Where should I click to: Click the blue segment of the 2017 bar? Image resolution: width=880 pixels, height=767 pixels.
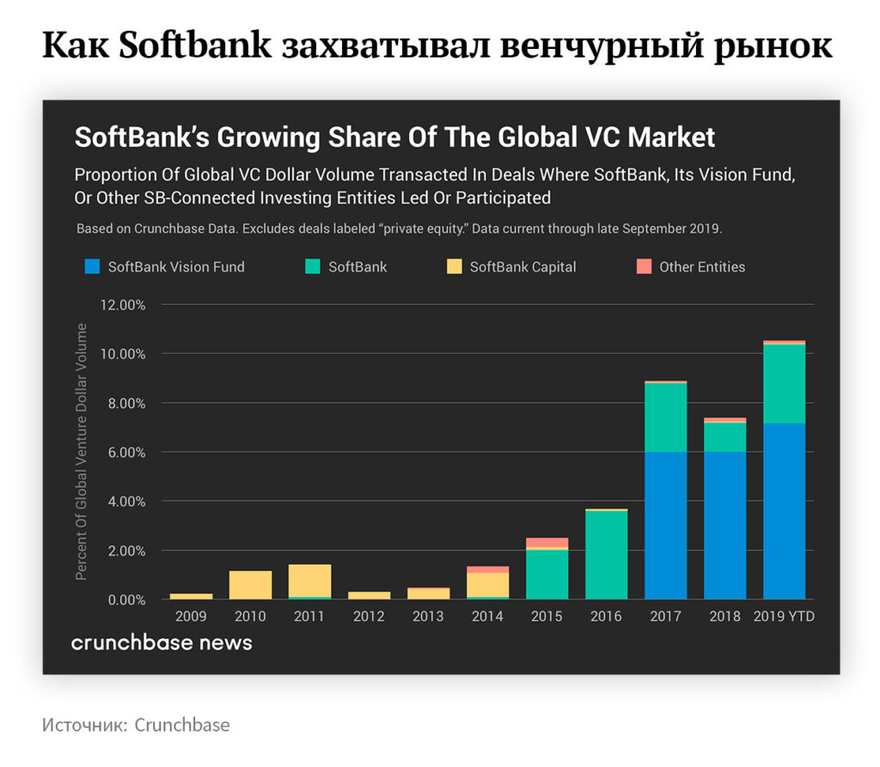click(665, 525)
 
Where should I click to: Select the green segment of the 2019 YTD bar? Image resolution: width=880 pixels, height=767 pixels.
click(784, 383)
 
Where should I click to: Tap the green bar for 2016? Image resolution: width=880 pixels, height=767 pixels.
click(606, 554)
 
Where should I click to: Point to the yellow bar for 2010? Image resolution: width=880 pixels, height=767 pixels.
click(250, 585)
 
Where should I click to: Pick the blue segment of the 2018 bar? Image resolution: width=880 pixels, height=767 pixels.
click(724, 525)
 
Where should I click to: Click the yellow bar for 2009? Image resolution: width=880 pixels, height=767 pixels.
click(191, 596)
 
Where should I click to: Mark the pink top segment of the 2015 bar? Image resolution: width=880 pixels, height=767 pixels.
click(547, 542)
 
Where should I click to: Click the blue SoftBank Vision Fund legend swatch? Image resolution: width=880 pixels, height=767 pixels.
click(91, 266)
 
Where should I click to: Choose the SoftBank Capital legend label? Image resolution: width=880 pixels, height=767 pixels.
click(522, 267)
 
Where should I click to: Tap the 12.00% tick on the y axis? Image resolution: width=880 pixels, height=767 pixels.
click(125, 305)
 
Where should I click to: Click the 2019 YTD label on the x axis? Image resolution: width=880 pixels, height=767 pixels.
click(784, 617)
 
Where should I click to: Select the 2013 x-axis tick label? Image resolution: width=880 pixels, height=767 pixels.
click(428, 617)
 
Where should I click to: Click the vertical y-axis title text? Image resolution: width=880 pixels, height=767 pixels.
click(82, 451)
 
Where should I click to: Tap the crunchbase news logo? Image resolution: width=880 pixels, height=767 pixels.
click(162, 642)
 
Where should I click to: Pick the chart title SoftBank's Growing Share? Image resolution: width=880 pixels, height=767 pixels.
click(394, 137)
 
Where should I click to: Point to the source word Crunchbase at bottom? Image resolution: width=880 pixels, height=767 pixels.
click(181, 725)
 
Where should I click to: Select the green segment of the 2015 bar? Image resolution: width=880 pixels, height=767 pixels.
click(547, 574)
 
